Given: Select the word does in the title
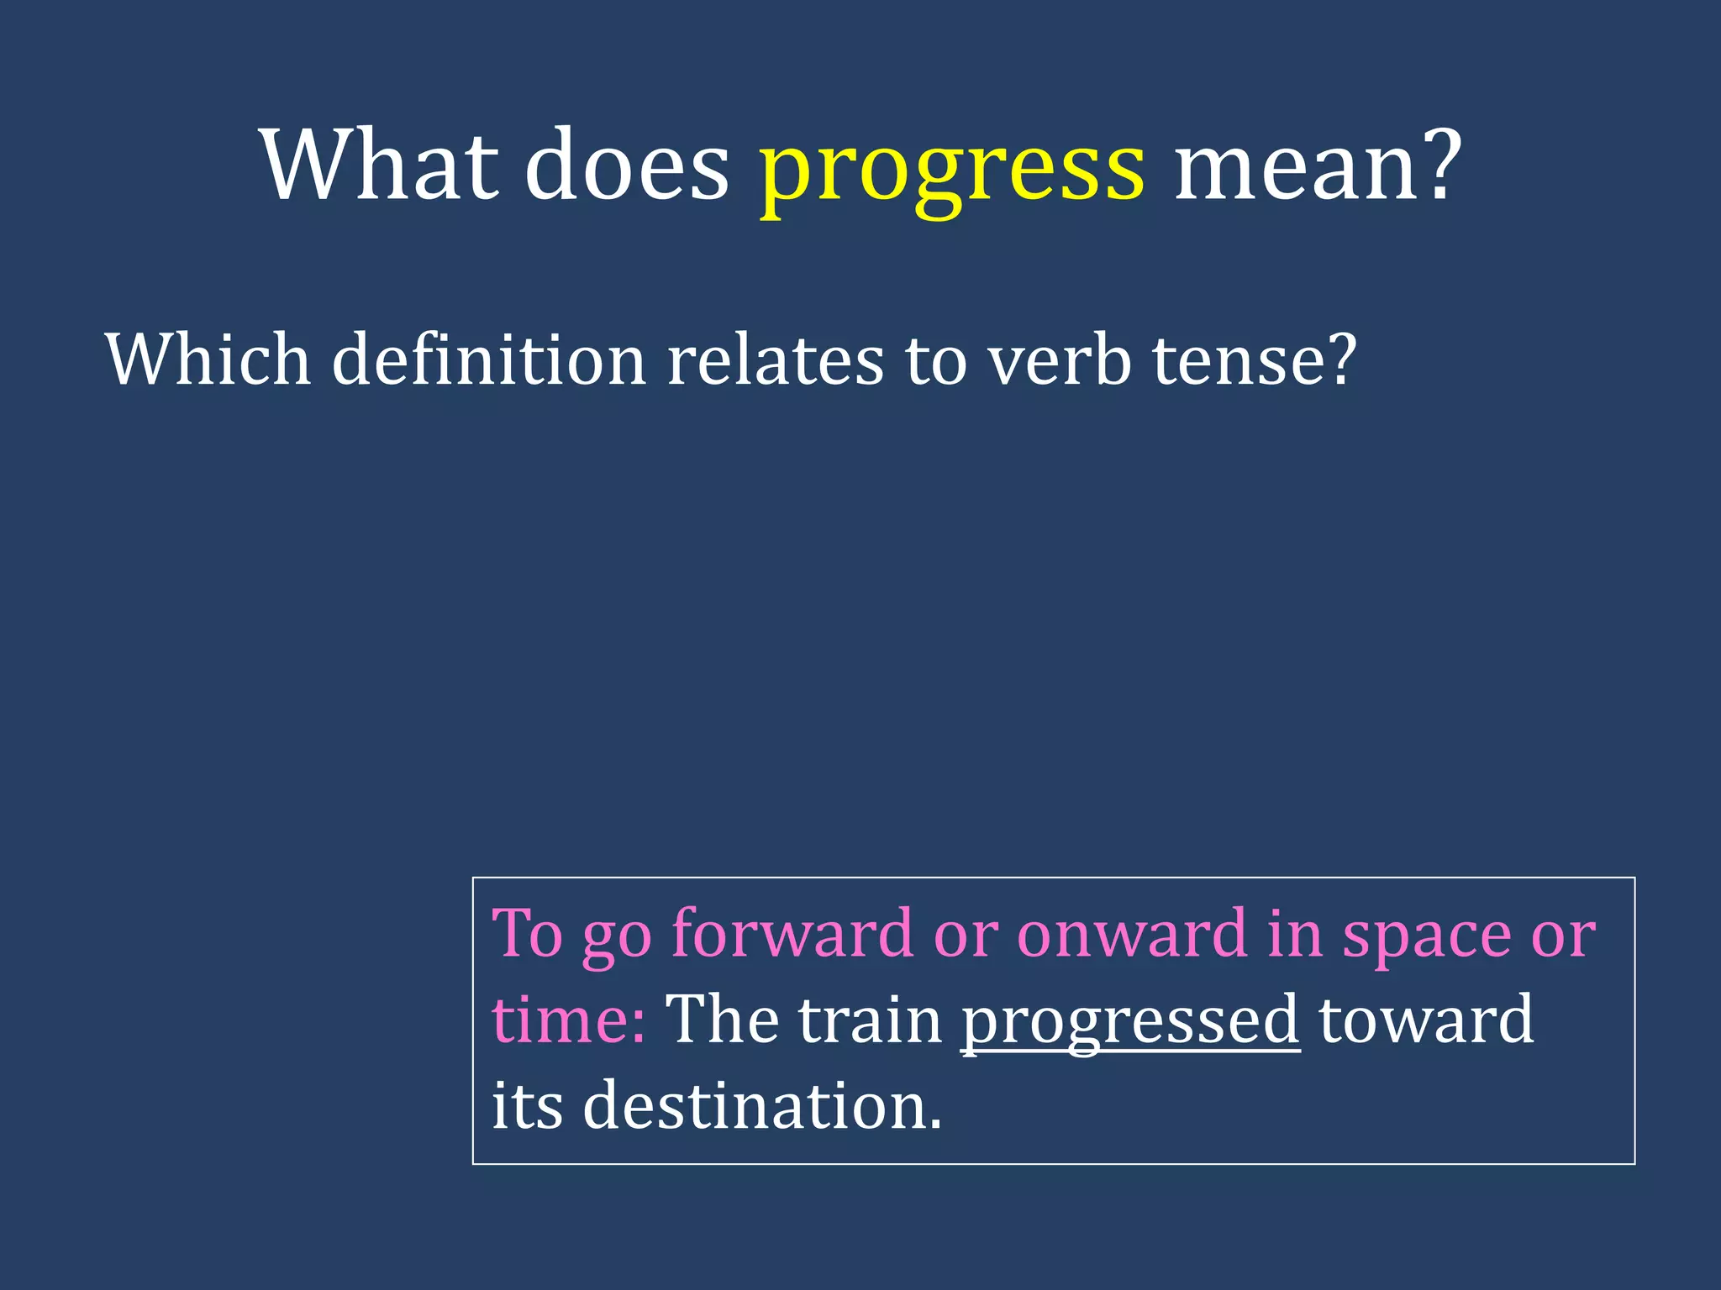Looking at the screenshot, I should point(627,166).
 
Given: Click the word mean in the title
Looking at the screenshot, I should point(1298,166).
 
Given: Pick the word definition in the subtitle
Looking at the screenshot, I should point(488,359).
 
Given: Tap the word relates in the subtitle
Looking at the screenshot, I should point(775,359).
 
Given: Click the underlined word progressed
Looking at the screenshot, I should point(1130,1020).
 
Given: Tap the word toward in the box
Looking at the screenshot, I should point(1426,1020).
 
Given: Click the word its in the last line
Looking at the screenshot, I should point(527,1105).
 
